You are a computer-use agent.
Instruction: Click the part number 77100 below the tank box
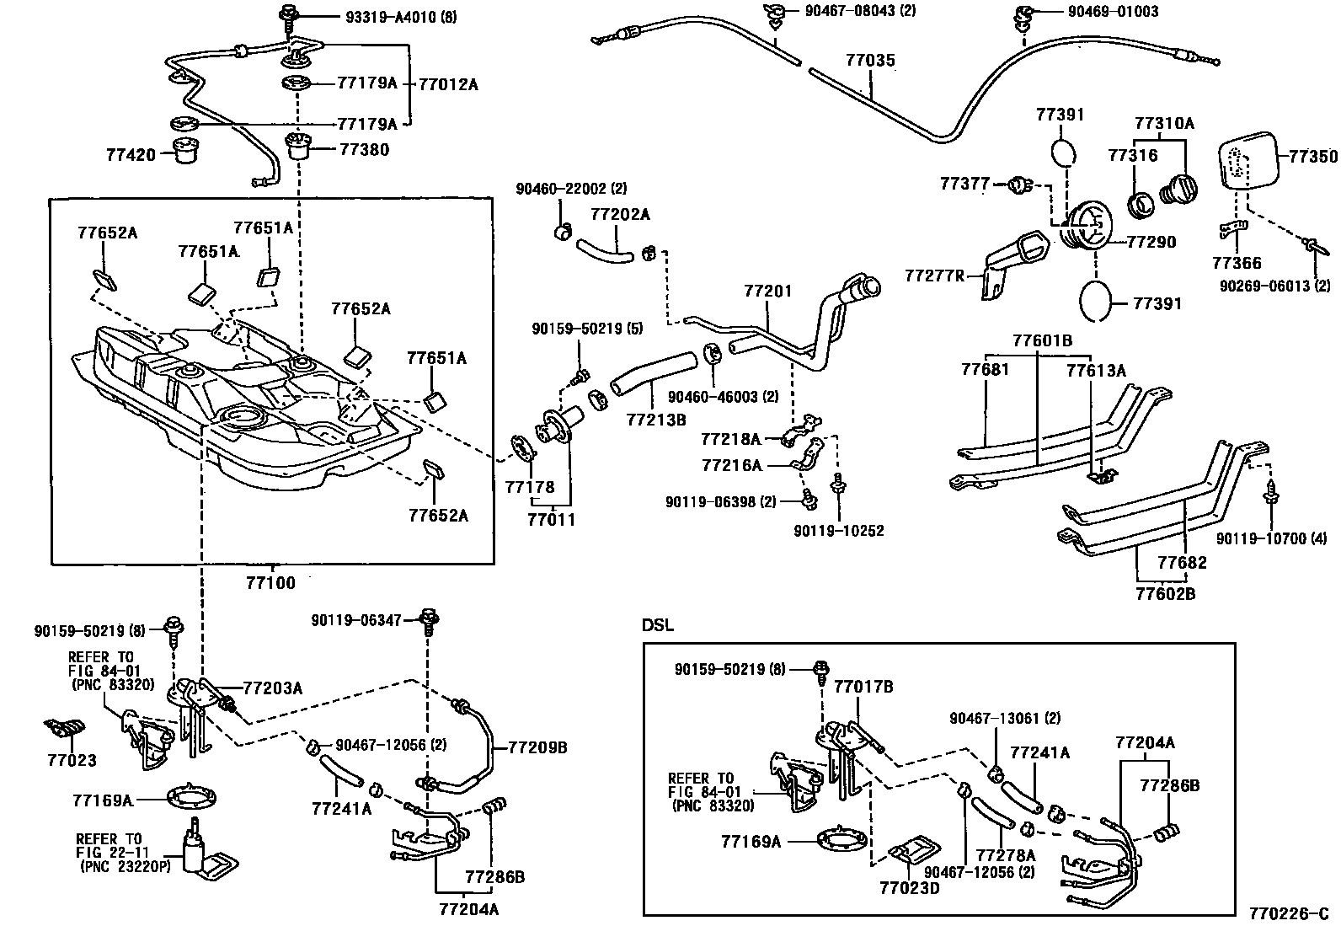(x=270, y=583)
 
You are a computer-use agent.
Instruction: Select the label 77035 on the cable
(x=870, y=62)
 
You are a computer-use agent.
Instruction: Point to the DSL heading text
(x=658, y=626)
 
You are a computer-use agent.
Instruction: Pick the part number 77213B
(x=655, y=419)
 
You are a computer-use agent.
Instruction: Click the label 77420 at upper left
(x=131, y=155)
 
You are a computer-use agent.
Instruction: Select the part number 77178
(x=530, y=487)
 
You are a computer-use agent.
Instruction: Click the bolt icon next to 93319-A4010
(x=290, y=14)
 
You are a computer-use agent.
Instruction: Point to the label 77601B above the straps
(x=1042, y=340)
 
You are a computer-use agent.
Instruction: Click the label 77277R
(x=934, y=276)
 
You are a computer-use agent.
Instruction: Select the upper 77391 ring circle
(x=1064, y=156)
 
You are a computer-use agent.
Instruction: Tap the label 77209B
(x=537, y=747)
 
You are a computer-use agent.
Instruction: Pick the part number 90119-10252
(x=838, y=532)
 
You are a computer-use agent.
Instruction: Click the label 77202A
(x=620, y=215)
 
